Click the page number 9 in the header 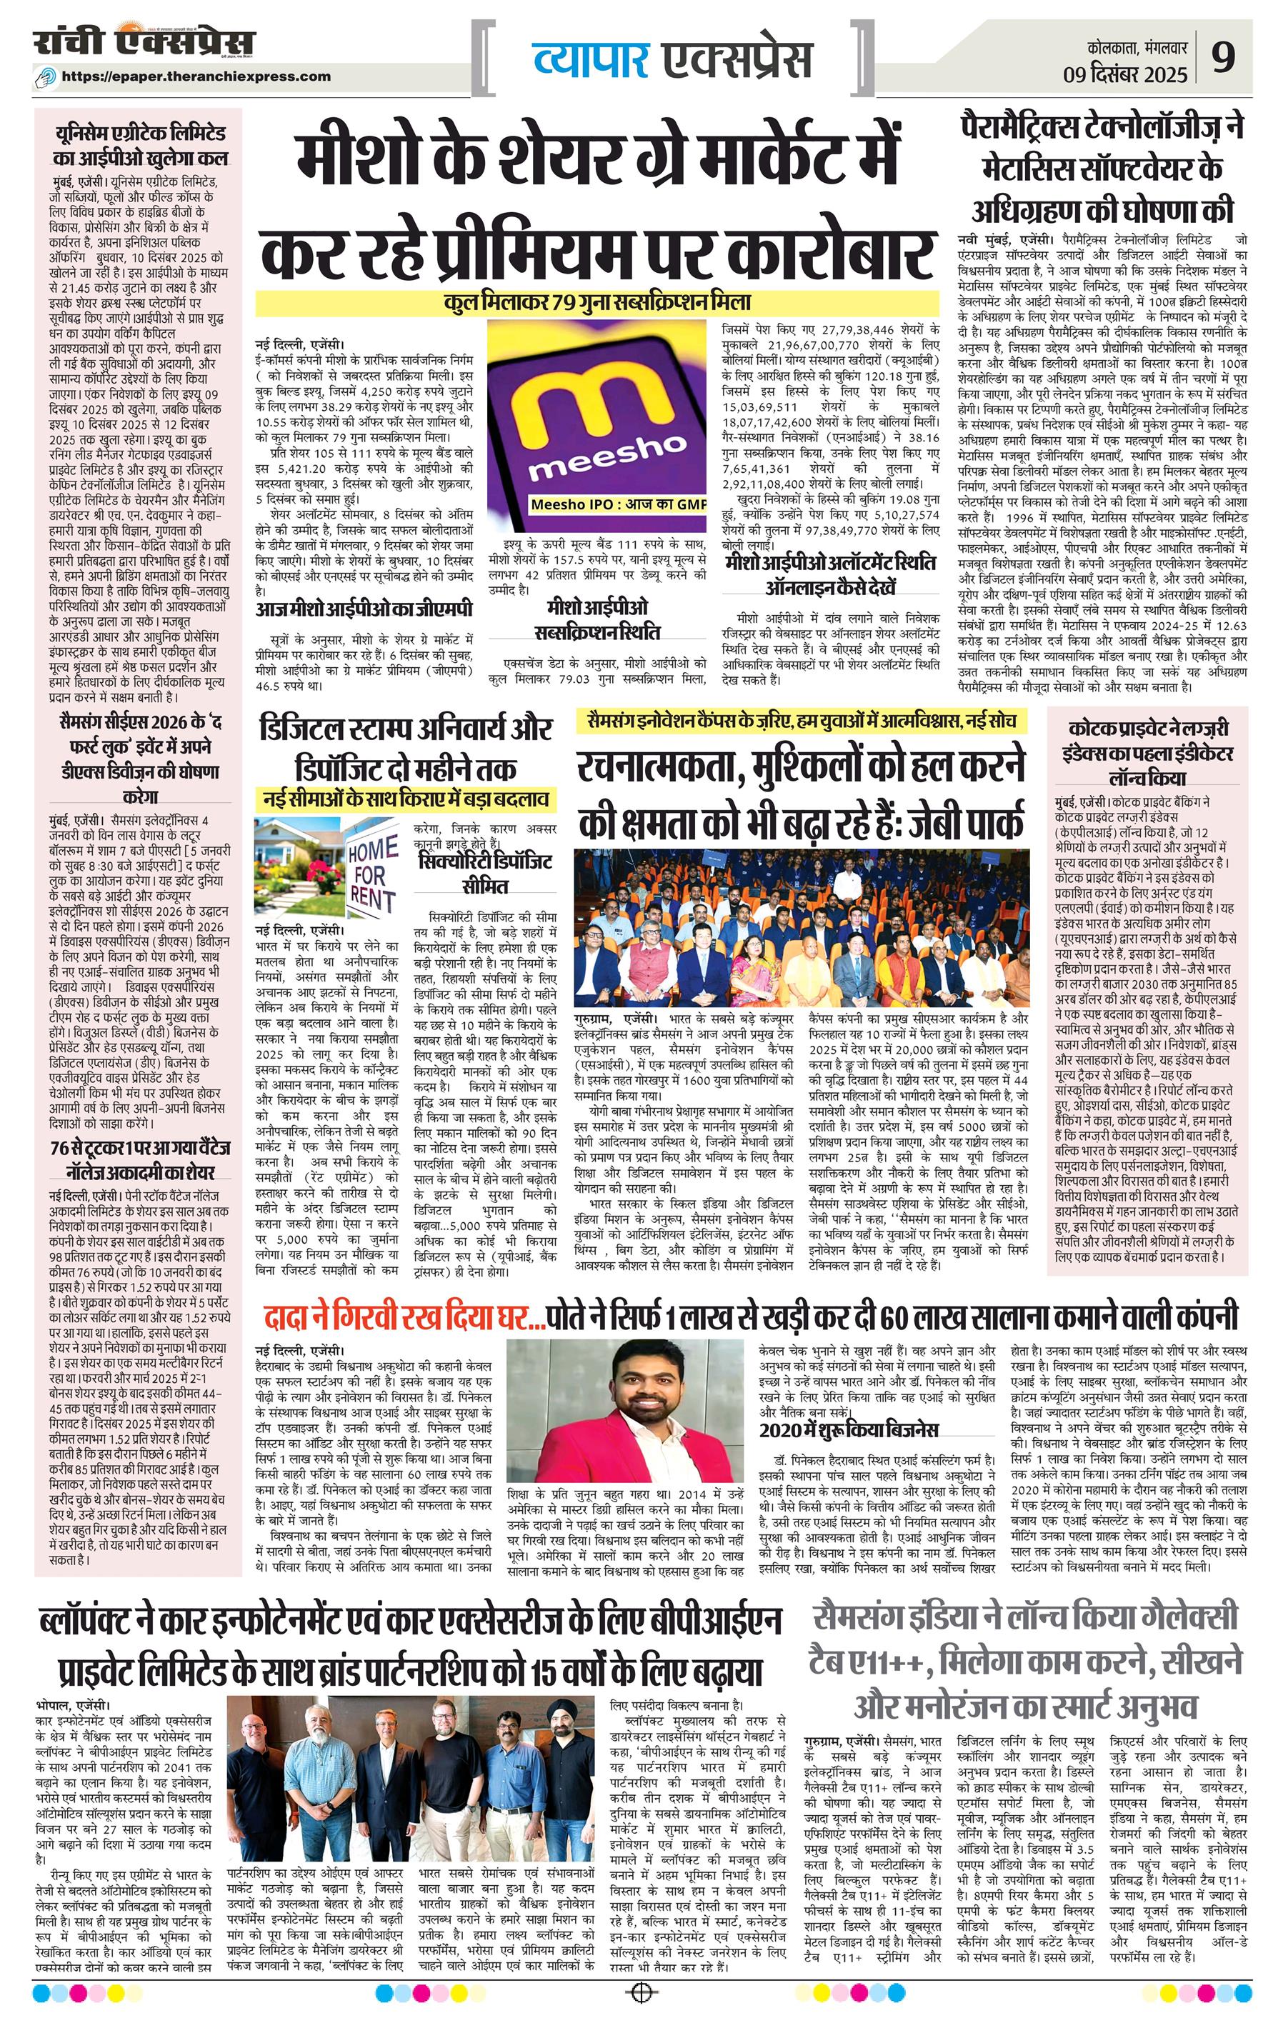pos(1223,58)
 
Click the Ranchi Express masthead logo pos(144,44)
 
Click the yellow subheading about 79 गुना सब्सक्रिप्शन pos(597,302)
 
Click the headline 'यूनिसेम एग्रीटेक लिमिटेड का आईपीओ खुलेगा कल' pos(141,146)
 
